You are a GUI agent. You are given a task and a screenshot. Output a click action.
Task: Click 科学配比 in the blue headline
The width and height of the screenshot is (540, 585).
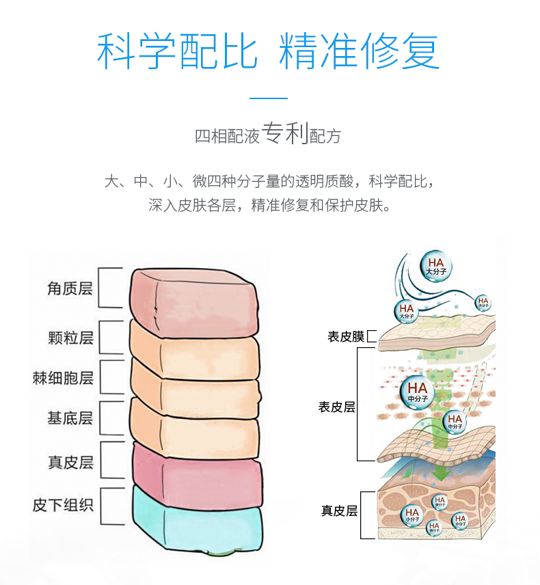click(177, 51)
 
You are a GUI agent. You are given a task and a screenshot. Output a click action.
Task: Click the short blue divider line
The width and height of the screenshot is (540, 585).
click(269, 98)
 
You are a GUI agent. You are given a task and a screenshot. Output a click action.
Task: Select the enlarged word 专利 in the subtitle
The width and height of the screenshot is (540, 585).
click(285, 134)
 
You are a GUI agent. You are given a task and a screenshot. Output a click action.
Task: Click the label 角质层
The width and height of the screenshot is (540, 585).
click(70, 288)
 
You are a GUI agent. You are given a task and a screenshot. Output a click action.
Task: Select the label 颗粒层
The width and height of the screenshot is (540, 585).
click(70, 338)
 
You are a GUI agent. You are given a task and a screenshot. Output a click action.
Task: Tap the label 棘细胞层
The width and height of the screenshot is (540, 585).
click(63, 378)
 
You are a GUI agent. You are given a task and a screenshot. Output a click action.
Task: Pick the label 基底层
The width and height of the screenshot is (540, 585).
click(70, 418)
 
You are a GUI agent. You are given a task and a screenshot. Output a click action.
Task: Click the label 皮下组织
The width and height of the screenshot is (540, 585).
click(63, 506)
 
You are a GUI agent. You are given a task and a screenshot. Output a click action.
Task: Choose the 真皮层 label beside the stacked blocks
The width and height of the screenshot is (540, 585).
click(70, 462)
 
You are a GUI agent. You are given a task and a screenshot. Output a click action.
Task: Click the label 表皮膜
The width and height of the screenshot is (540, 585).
click(346, 336)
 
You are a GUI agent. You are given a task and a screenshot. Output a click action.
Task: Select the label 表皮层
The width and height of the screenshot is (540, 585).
click(337, 407)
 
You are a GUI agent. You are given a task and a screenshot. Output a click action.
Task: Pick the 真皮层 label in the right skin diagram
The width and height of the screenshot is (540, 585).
click(340, 511)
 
